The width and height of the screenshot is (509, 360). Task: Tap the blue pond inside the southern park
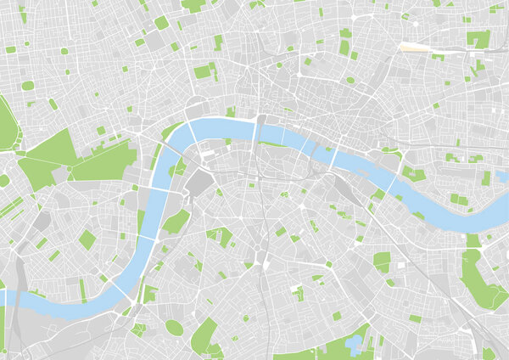pos(353,343)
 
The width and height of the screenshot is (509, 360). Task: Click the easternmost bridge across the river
pos(393,183)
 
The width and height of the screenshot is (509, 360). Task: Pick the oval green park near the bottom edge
pos(173,328)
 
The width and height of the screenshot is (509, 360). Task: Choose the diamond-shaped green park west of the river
pos(87,240)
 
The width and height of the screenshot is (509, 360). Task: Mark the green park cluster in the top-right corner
pos(479,39)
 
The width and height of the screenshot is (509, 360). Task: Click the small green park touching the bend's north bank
pos(230,111)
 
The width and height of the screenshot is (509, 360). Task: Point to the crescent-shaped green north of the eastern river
pos(391,154)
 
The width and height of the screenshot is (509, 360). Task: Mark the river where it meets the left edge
pos(4,297)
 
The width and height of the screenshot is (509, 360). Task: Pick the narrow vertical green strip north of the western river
pos(82,290)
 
